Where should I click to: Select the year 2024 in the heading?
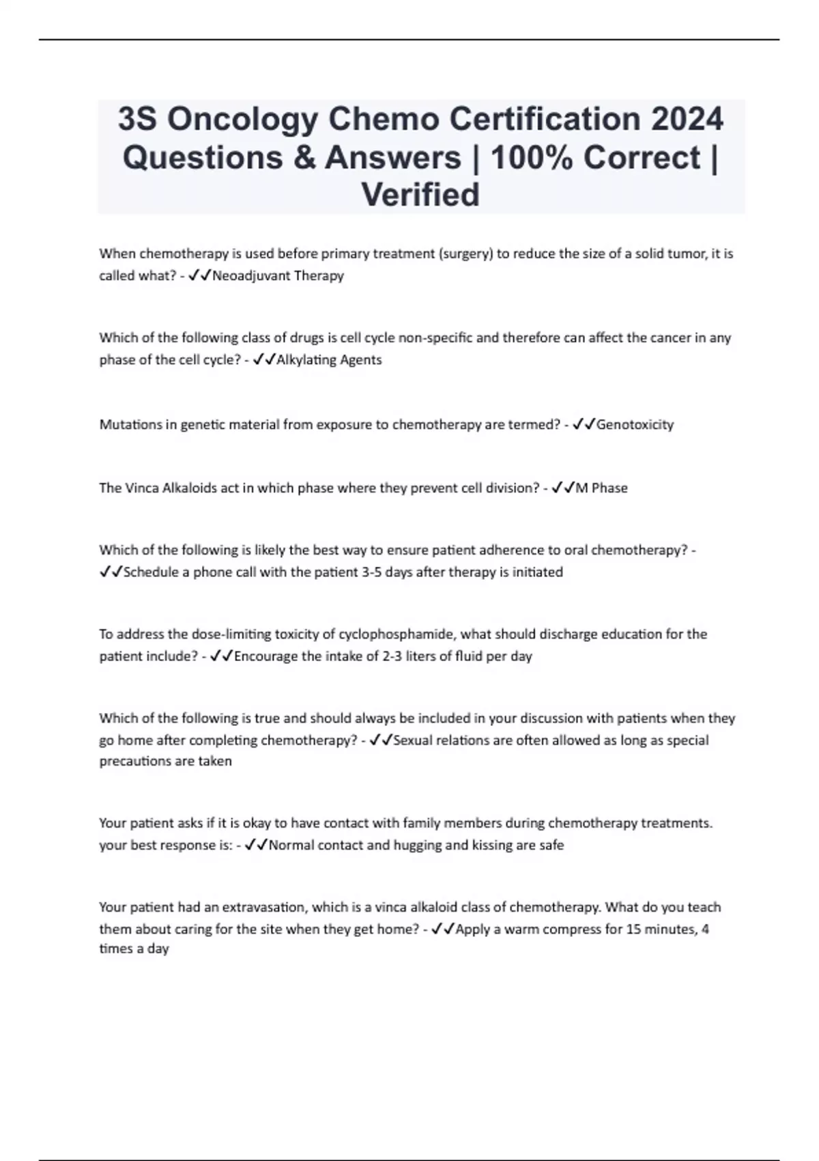click(x=687, y=120)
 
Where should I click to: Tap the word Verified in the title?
click(x=420, y=195)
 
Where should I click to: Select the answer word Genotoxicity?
click(x=635, y=425)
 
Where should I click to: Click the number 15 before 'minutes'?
click(x=633, y=929)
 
